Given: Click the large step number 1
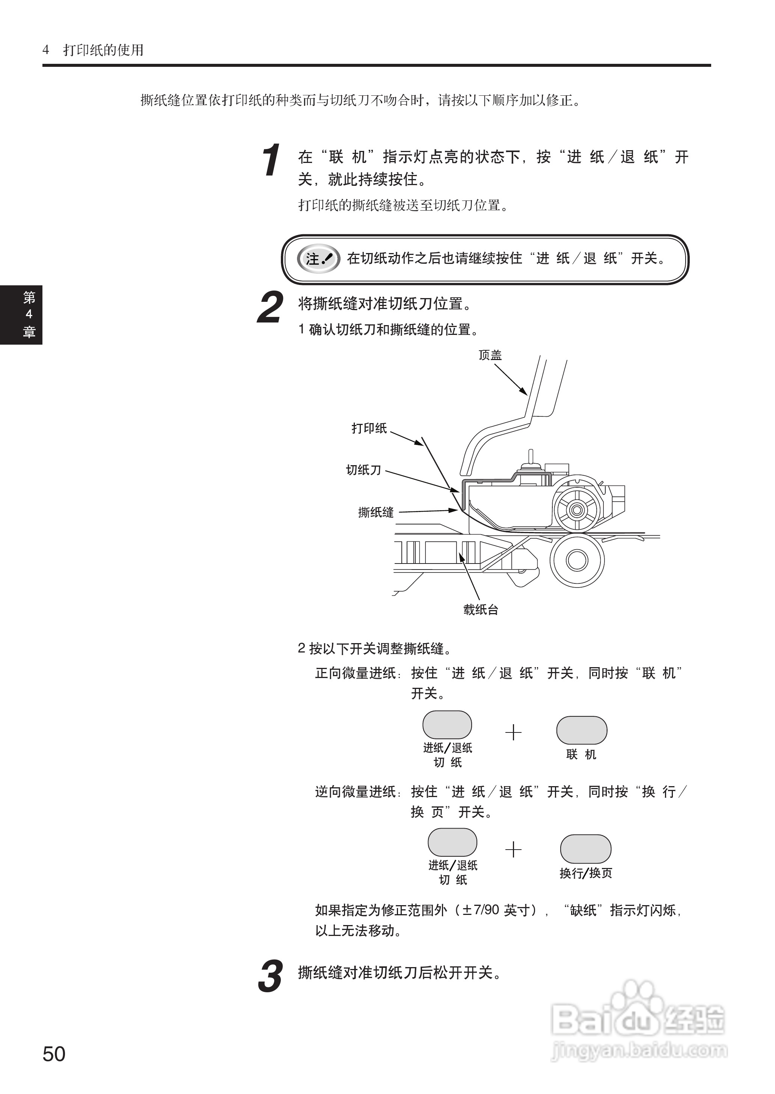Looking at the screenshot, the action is click(271, 160).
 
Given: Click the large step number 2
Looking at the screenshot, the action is click(270, 308).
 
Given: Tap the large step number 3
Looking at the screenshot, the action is click(270, 976).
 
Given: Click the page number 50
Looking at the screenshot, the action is click(54, 1054).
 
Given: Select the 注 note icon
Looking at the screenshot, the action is click(318, 259).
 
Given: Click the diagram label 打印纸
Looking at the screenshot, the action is click(369, 428).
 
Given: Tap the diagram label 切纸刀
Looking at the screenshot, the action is click(363, 470).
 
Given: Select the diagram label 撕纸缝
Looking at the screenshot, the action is click(376, 513).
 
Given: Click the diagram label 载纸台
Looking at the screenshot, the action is click(481, 610).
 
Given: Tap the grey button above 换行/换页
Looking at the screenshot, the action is click(585, 849).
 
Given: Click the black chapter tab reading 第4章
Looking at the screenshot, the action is click(21, 315).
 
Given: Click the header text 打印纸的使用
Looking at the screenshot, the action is click(104, 50).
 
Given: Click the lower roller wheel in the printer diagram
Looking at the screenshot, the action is click(577, 561).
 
